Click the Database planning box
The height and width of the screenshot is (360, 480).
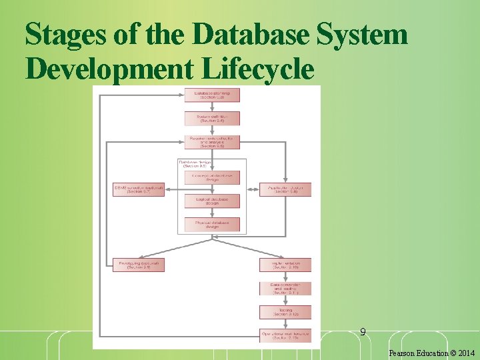point(212,95)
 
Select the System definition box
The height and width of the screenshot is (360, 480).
point(212,118)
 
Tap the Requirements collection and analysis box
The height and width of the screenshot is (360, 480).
point(212,141)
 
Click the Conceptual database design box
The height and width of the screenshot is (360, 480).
point(212,177)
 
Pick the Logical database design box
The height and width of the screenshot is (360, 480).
point(212,201)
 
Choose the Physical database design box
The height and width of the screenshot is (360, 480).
point(212,224)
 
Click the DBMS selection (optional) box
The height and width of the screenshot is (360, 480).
point(139,189)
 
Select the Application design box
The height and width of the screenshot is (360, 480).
point(285,189)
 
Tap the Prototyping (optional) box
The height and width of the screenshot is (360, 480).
point(139,265)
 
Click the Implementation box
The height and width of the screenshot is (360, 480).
point(285,265)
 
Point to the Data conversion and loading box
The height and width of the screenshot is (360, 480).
point(285,289)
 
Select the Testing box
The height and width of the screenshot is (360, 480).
point(285,312)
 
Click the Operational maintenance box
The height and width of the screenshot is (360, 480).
point(285,335)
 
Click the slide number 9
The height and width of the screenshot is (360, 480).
point(363,331)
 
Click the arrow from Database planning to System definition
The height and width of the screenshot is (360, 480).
point(212,107)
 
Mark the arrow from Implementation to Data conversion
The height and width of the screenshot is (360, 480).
point(285,277)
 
